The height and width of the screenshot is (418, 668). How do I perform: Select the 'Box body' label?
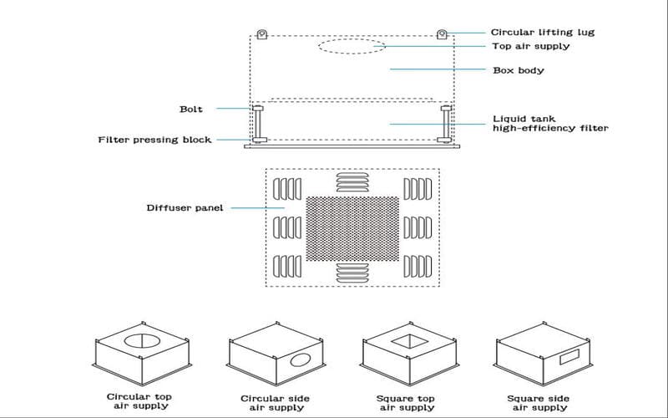tap(518, 70)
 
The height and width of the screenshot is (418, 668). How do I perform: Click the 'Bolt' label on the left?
tap(191, 109)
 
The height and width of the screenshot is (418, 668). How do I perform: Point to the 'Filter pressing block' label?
tap(154, 140)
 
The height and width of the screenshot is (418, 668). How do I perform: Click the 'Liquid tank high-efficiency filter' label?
tap(549, 123)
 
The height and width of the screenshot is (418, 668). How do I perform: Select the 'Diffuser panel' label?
tap(185, 207)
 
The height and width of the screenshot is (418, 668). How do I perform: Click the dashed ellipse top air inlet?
tap(352, 47)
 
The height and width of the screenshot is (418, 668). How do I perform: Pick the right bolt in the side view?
tap(446, 124)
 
